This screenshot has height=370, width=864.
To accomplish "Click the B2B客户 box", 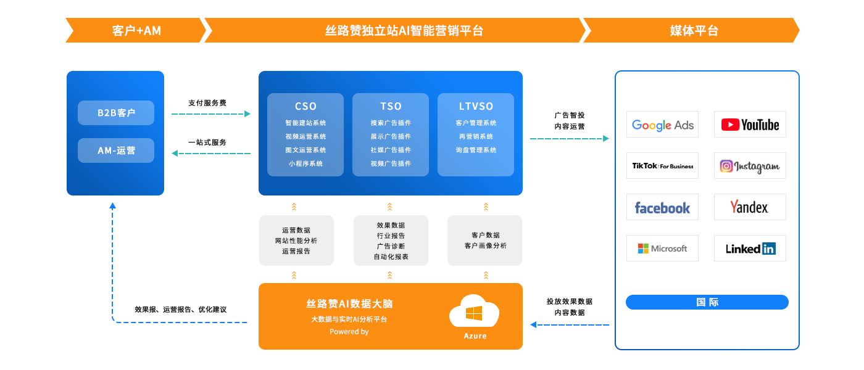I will click(116, 113).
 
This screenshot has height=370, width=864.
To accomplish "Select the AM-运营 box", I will click(116, 150).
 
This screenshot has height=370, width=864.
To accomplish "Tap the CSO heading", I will click(305, 107).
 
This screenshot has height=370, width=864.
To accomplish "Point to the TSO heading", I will click(391, 107).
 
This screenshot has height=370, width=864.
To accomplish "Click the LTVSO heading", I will click(476, 107).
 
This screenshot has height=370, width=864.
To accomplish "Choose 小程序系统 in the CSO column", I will click(305, 163).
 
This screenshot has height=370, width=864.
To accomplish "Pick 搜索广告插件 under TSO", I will click(391, 123).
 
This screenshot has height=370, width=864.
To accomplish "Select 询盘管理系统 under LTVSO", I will click(476, 150).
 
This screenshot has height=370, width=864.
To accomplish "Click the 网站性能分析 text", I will click(296, 240).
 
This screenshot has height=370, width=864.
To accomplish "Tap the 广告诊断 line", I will click(391, 246).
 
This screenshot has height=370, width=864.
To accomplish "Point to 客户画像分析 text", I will click(485, 245).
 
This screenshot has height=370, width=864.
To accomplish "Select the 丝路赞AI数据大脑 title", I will click(349, 303).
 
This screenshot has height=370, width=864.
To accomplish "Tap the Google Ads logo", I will click(662, 126).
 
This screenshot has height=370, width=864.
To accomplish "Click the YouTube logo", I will click(750, 125).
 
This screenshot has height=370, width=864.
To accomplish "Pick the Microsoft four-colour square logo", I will click(644, 249).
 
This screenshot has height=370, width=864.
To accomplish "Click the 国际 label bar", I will click(707, 302).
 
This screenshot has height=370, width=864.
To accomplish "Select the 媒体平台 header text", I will click(694, 30).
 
